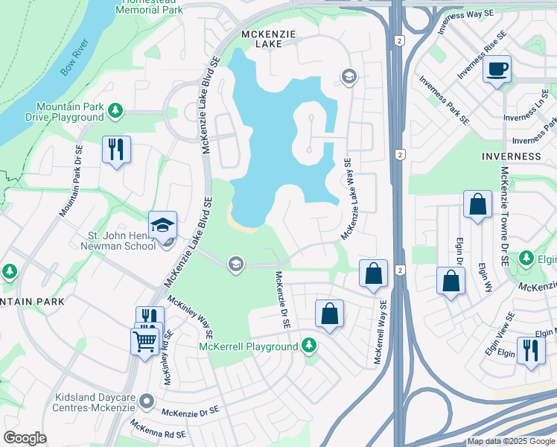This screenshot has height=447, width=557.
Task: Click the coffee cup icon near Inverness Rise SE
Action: point(497,70)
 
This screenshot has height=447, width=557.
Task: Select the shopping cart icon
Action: point(144,341)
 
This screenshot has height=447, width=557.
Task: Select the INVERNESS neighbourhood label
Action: point(511,156)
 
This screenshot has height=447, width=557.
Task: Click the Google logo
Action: point(25,437)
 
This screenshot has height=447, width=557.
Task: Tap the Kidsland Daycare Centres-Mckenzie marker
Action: point(147,402)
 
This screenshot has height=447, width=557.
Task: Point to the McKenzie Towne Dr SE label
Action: point(504,216)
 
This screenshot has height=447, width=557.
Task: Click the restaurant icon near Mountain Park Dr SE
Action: point(116,150)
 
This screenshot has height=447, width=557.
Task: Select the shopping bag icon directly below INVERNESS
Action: point(477,204)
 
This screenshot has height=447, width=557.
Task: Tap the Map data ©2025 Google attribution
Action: point(511,441)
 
